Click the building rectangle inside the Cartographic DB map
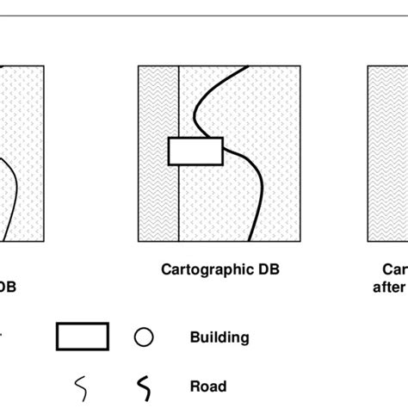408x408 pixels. coord(195,151)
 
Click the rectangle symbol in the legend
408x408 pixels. coord(82,337)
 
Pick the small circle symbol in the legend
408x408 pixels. coord(142,337)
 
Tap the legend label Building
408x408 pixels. coord(219,338)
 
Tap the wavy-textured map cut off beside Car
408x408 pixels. coord(388,155)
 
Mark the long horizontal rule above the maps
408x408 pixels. coord(204,15)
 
